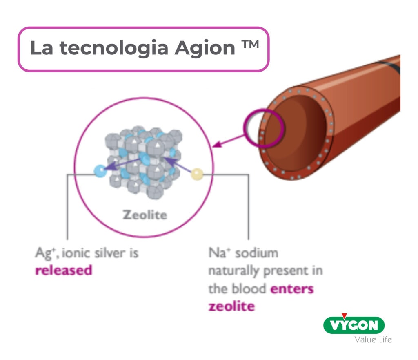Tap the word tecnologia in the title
[x=114, y=48]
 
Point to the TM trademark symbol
[x=250, y=44]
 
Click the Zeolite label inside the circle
[x=145, y=215]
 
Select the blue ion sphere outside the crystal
[x=100, y=171]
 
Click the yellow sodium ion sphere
[x=197, y=174]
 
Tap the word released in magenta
[x=64, y=270]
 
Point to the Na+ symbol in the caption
[x=219, y=253]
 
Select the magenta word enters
[x=292, y=289]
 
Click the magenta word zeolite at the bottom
[x=231, y=306]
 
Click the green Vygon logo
[x=354, y=325]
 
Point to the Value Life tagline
[x=373, y=340]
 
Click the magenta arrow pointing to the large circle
[x=229, y=141]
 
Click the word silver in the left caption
[x=110, y=253]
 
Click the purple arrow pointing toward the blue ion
[x=122, y=164]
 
